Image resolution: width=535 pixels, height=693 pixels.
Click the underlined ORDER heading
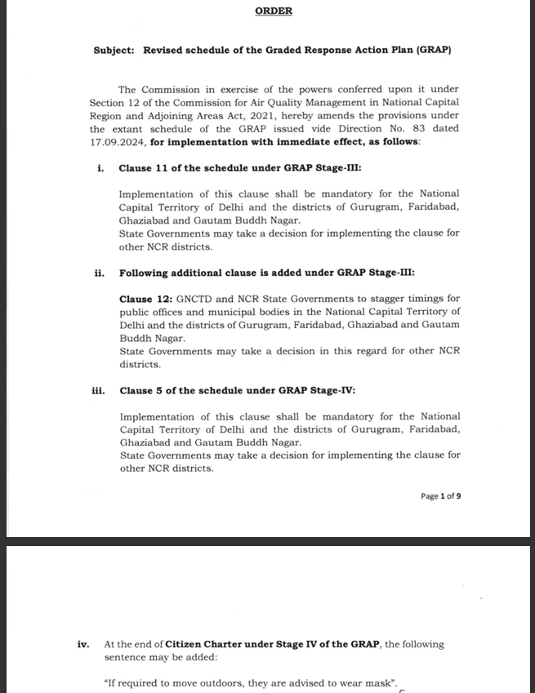click(x=274, y=11)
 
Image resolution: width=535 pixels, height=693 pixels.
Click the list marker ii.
click(x=100, y=272)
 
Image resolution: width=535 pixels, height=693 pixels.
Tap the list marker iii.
click(x=98, y=390)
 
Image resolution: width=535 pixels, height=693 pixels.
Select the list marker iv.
click(x=83, y=644)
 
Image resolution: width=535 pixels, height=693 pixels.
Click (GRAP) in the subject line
click(x=432, y=50)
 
